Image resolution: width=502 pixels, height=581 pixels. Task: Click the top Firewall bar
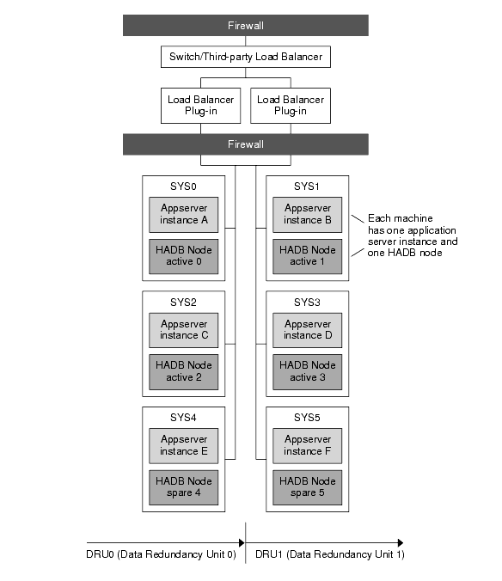(245, 26)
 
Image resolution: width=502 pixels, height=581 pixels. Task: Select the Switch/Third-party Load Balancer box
(245, 58)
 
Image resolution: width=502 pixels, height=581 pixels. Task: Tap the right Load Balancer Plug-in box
(290, 105)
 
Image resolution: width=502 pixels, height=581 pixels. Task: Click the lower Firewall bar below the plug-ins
(245, 144)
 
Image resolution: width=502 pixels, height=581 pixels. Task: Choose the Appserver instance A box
(184, 214)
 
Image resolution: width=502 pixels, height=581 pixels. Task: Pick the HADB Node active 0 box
(184, 256)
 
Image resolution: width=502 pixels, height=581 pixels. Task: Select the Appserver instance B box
(308, 214)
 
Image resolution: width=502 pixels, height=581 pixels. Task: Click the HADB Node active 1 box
(308, 256)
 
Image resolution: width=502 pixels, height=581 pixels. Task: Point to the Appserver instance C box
(184, 330)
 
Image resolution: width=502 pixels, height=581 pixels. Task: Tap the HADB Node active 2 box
(184, 371)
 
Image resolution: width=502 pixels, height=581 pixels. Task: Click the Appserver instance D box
(308, 330)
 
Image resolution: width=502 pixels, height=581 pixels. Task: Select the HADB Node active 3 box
(308, 371)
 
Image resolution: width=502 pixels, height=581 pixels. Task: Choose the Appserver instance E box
(184, 445)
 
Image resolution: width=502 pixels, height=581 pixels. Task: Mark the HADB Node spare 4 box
(184, 487)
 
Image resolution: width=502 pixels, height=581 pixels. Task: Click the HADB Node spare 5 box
(308, 487)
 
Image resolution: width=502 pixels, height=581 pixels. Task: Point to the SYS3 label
(307, 303)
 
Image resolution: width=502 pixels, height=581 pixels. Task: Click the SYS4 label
(184, 418)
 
